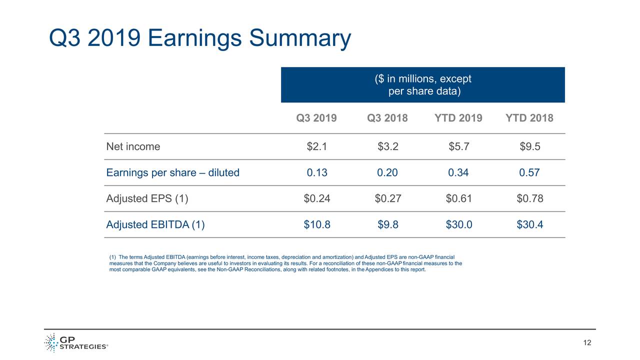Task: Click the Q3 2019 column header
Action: coord(316,118)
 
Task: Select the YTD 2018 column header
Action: coord(529,118)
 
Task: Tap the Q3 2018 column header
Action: coord(387,118)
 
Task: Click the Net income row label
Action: coord(133,147)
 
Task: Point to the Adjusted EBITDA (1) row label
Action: coord(155,225)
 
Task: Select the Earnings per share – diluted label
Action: coord(172,173)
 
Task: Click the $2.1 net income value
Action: coord(316,147)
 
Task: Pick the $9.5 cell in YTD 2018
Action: coord(529,147)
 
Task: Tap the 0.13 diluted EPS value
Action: coord(316,173)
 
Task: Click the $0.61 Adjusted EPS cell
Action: coord(458,199)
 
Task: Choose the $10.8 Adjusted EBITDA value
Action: coord(316,225)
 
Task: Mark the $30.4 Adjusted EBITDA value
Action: coord(529,225)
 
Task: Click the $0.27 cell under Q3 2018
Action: coord(387,199)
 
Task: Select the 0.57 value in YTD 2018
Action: coord(529,173)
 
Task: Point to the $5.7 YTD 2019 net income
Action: coord(458,147)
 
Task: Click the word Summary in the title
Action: coord(299,39)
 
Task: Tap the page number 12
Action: coord(587,343)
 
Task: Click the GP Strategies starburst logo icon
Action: coord(50,343)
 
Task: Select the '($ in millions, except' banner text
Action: coord(423,79)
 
